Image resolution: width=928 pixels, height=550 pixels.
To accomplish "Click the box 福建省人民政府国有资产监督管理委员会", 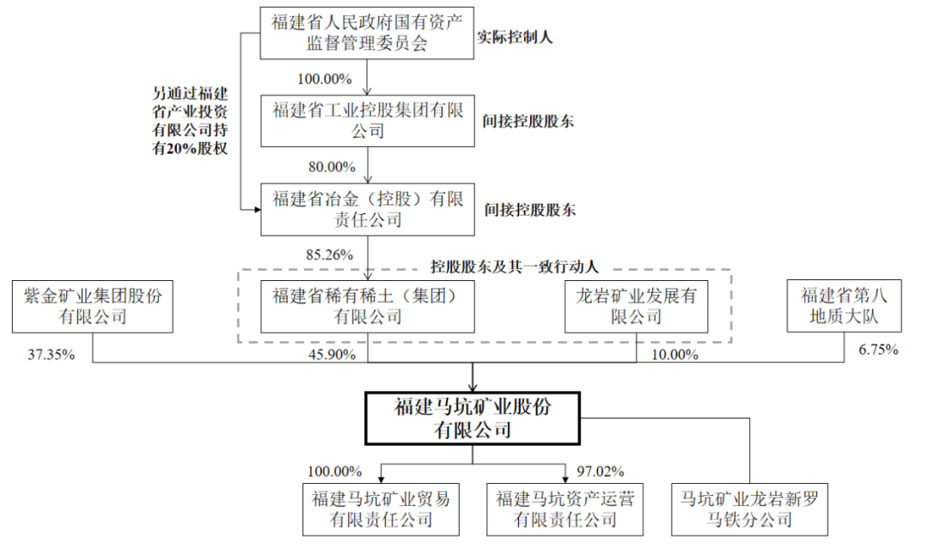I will pyautogui.click(x=367, y=32).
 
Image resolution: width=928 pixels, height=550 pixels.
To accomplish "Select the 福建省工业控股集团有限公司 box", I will pyautogui.click(x=367, y=120).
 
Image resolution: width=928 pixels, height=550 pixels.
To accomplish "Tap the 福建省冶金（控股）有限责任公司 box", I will pyautogui.click(x=367, y=210).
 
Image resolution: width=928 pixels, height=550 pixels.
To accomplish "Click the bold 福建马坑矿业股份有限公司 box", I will pyautogui.click(x=473, y=418).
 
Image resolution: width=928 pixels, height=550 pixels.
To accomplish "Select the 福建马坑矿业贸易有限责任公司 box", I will pyautogui.click(x=381, y=509).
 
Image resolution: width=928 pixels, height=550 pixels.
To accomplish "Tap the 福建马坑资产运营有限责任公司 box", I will pyautogui.click(x=565, y=509).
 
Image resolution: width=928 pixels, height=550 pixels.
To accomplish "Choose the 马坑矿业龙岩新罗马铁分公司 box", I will pyautogui.click(x=748, y=509).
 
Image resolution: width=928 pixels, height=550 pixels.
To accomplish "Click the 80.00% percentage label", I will pyautogui.click(x=325, y=165).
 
